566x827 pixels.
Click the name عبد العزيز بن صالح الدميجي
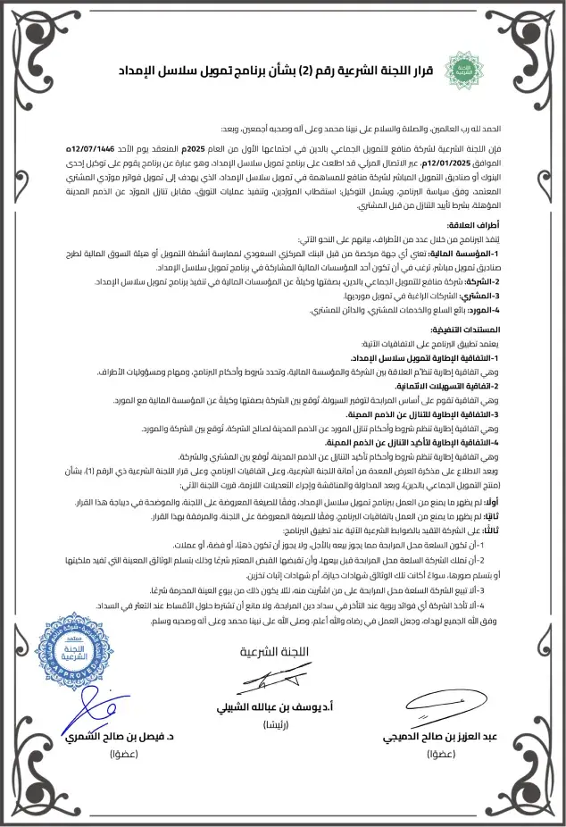click(443, 738)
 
